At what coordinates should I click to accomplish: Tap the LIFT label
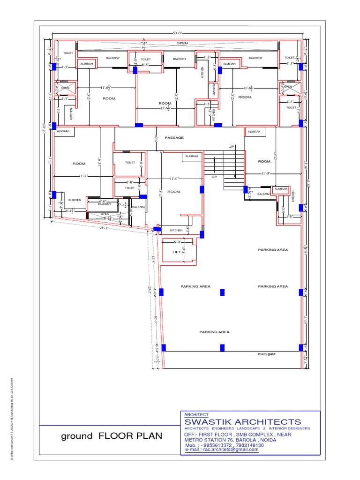pos(177,252)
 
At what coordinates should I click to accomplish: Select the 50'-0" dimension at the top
pos(177,33)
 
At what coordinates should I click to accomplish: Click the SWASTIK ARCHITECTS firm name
pos(243,422)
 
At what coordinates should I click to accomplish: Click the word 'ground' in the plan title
pos(77,436)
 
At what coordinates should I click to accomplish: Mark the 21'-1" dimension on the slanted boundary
pos(104,228)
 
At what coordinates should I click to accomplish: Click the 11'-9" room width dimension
pos(84,176)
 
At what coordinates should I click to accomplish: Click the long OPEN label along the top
pos(182,43)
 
